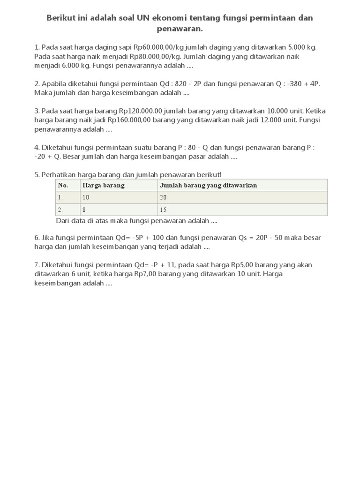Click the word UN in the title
[143, 18]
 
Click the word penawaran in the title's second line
[180, 29]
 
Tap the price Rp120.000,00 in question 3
[141, 111]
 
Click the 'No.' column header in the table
[63, 185]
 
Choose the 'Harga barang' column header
[103, 185]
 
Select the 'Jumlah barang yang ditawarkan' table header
[208, 185]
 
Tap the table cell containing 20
[163, 197]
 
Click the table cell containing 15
[163, 210]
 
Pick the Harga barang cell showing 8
[84, 210]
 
